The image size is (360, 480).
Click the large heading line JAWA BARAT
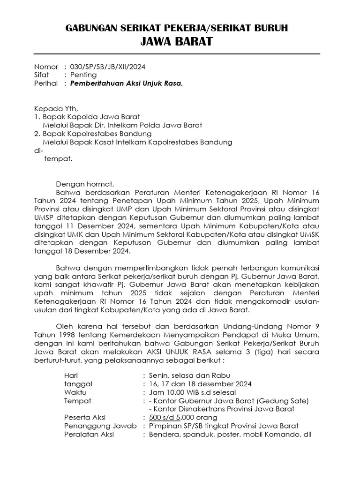[x=176, y=42]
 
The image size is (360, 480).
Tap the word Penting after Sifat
[x=83, y=75]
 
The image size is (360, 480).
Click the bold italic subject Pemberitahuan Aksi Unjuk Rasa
[x=126, y=83]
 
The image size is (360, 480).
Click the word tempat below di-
[x=59, y=158]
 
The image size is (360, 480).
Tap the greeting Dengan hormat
[x=85, y=184]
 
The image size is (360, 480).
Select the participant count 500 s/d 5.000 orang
[x=183, y=417]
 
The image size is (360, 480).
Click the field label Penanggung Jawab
[x=101, y=426]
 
